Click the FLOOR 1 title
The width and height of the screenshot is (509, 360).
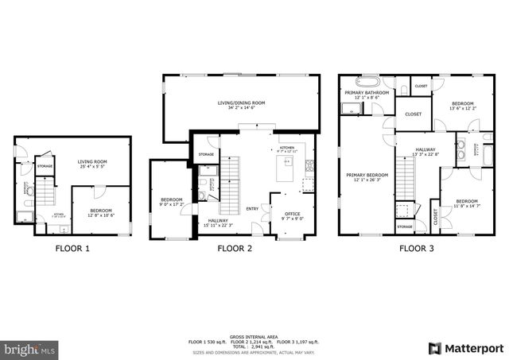[x=72, y=249]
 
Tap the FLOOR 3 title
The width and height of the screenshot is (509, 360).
[x=416, y=249]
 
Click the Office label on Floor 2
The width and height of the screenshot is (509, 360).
[x=292, y=213]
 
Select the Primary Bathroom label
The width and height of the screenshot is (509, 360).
[x=367, y=92]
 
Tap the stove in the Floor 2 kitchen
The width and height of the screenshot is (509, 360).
[x=309, y=166]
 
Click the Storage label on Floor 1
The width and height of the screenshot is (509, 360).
[x=45, y=166]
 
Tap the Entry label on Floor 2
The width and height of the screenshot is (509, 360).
[x=252, y=209]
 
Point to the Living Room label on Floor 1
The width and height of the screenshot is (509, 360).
[x=93, y=162]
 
